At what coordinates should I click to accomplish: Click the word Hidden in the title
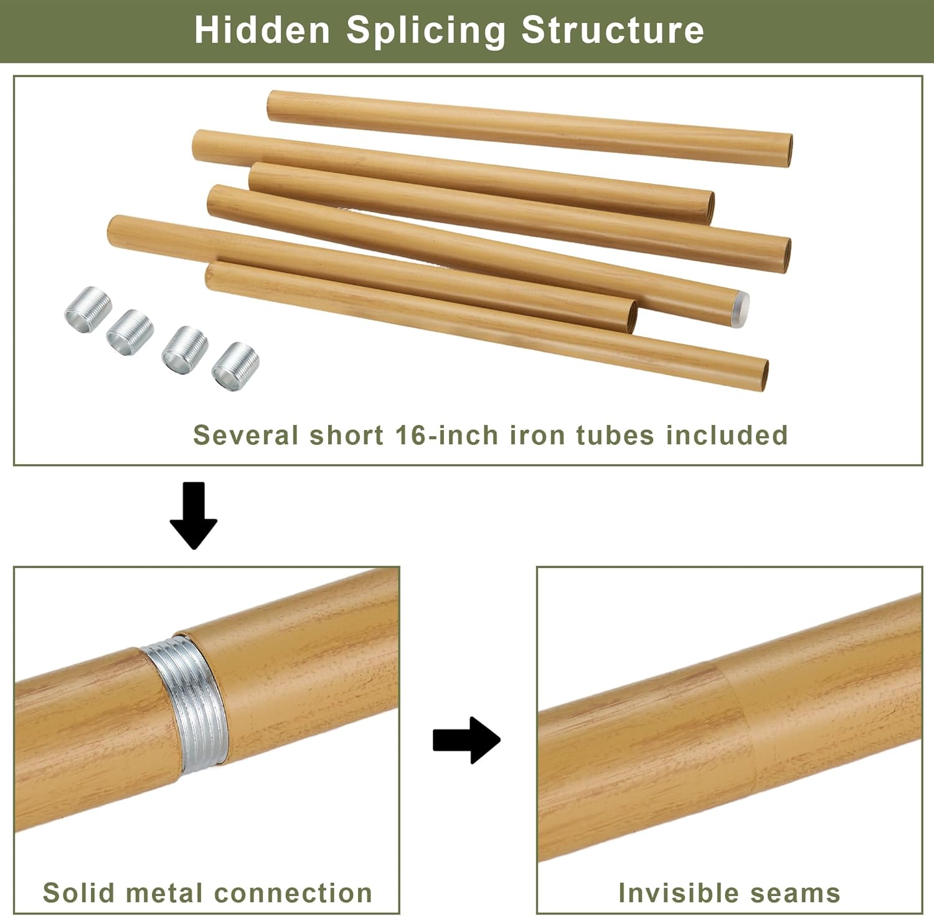[262, 30]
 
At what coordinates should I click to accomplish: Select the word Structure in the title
[613, 30]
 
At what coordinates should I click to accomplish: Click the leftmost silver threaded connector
[88, 305]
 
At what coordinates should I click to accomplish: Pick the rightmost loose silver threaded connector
[235, 366]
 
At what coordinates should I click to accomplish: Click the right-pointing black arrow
[466, 741]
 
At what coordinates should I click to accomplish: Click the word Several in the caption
[247, 435]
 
